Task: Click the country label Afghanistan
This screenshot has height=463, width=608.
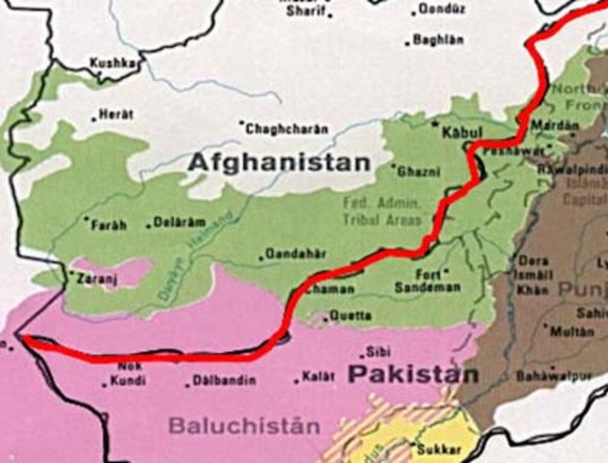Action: coord(278,162)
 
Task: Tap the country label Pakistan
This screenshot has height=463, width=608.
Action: coord(413,374)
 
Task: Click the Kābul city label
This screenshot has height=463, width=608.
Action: coord(460,130)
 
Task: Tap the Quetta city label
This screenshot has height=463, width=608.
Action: coord(351,315)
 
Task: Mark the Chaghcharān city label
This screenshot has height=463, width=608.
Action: coord(287,128)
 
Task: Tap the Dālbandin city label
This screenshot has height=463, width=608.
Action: coord(226,381)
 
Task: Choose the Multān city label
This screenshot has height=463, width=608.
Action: coord(571,330)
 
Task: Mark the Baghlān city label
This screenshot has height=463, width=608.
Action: coord(438,40)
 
